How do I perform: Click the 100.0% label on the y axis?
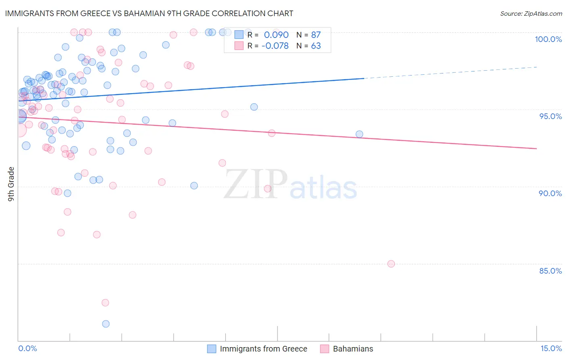pyautogui.click(x=548, y=39)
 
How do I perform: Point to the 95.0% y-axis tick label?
pyautogui.click(x=550, y=116)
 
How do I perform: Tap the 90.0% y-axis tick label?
pyautogui.click(x=550, y=193)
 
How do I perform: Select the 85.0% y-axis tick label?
pyautogui.click(x=550, y=271)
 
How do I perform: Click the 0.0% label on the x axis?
pyautogui.click(x=27, y=348)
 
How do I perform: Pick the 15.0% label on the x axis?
pyautogui.click(x=551, y=348)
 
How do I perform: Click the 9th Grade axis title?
pyautogui.click(x=11, y=184)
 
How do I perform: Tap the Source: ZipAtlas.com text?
pyautogui.click(x=531, y=13)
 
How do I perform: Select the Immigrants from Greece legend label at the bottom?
pyautogui.click(x=263, y=349)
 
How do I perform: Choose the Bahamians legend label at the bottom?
pyautogui.click(x=353, y=349)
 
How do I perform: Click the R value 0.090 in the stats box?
pyautogui.click(x=276, y=35)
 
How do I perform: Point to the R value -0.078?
pyautogui.click(x=275, y=46)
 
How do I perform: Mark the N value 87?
pyautogui.click(x=316, y=35)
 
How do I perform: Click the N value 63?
pyautogui.click(x=316, y=46)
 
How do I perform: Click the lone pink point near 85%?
pyautogui.click(x=391, y=264)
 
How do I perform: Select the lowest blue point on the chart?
pyautogui.click(x=106, y=324)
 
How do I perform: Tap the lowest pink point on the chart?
pyautogui.click(x=105, y=303)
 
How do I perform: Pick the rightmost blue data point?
pyautogui.click(x=359, y=134)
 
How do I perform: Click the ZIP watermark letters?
pyautogui.click(x=256, y=184)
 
